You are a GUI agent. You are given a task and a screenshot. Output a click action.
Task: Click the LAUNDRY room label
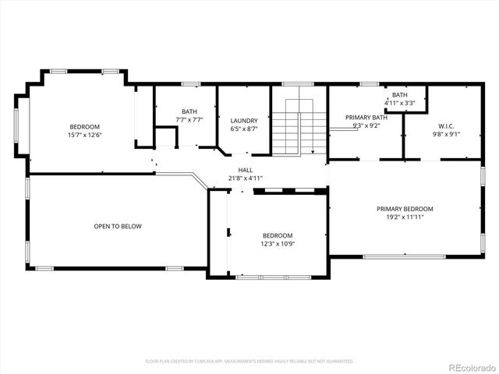pos(244,121)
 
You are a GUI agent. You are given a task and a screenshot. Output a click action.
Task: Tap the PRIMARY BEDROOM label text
pos(405,209)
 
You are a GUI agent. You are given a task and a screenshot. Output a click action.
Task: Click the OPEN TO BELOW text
pos(118,227)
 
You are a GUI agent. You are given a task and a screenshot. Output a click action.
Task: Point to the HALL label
pos(246,169)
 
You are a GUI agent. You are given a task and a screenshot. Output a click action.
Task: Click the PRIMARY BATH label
pos(366,117)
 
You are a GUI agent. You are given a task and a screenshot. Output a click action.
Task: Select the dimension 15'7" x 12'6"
pos(85,135)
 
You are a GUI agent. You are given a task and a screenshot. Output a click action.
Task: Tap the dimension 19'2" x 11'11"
pos(405,217)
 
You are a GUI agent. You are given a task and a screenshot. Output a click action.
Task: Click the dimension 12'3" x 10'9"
pos(277,244)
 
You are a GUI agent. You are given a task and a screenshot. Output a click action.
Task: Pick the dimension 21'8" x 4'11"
pos(246,178)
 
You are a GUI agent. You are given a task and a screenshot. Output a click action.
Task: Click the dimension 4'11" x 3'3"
pos(399,103)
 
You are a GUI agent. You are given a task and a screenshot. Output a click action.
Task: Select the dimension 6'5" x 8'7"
pos(244,129)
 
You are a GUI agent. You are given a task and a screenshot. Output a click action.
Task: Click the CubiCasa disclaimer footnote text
pos(249,362)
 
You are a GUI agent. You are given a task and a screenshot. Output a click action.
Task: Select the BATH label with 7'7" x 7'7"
pos(189,111)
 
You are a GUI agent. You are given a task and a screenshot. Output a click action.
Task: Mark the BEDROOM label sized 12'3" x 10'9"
pos(277,235)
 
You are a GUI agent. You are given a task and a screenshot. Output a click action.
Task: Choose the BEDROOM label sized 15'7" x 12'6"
pos(85,126)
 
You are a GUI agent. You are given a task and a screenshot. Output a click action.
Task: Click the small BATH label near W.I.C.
pos(399,95)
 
